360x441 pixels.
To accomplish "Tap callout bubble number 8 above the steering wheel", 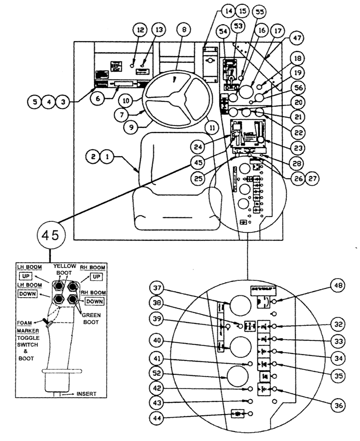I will (183, 30).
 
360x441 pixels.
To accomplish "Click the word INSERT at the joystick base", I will (87, 393).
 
